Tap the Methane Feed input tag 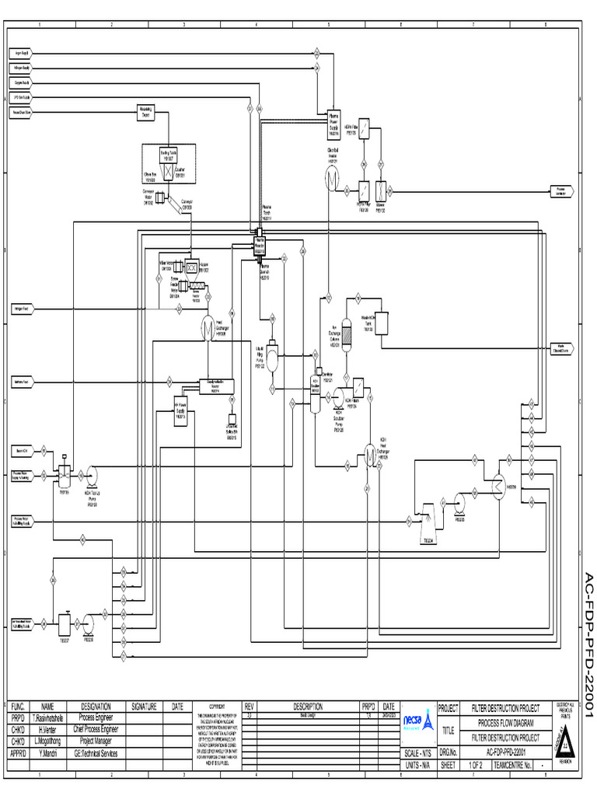pyautogui.click(x=21, y=382)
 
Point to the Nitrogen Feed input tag pyautogui.click(x=21, y=309)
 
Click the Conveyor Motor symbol pyautogui.click(x=159, y=198)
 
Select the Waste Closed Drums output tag pyautogui.click(x=561, y=347)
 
